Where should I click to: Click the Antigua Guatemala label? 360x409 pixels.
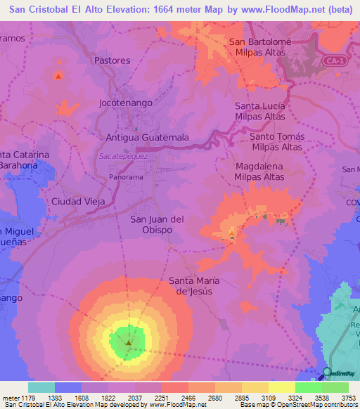147,138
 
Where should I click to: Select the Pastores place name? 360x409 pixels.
112,60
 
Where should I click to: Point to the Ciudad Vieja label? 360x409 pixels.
78,202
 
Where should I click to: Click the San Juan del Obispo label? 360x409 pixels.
157,225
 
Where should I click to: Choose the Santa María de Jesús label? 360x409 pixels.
194,286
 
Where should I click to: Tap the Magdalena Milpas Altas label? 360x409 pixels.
259,171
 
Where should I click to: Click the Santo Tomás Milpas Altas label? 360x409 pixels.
276,141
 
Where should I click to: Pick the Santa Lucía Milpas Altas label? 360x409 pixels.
260,111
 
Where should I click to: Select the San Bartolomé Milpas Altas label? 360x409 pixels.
260,47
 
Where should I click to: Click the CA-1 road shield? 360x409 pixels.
335,62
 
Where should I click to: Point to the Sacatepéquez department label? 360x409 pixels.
123,156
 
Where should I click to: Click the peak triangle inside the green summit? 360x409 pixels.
129,343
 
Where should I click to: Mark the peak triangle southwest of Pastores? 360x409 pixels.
58,75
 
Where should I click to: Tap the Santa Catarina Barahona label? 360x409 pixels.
25,160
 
